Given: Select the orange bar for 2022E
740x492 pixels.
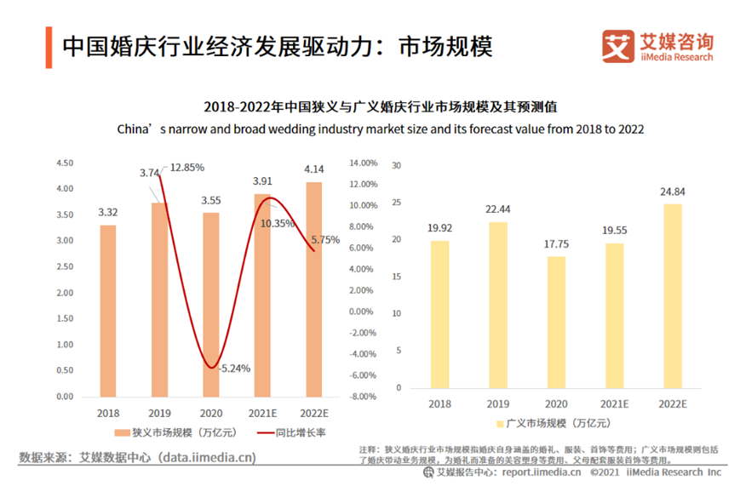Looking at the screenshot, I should [x=314, y=289].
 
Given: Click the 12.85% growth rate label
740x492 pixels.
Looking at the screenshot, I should [x=186, y=168].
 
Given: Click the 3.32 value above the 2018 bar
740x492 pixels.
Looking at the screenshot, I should [x=107, y=212].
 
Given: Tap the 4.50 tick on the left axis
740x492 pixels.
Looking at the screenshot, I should [x=65, y=163].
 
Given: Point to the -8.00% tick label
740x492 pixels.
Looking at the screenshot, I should [x=362, y=397].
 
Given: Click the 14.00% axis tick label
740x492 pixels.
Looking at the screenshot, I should [x=363, y=163].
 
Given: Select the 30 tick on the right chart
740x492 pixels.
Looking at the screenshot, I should [x=396, y=165].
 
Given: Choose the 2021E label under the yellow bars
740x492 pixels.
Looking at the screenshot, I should [x=614, y=406].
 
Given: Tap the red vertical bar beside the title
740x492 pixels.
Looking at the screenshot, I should [x=49, y=47].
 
